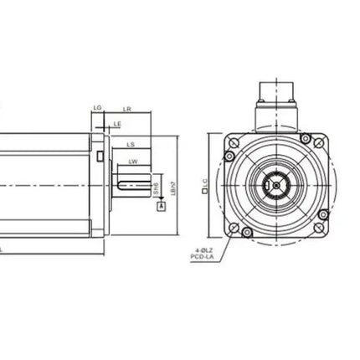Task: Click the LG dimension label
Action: click(x=97, y=108)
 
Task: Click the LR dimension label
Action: click(x=126, y=108)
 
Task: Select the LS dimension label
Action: click(x=131, y=144)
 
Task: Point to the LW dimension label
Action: click(x=133, y=161)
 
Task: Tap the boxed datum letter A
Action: click(x=160, y=203)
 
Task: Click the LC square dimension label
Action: click(x=204, y=185)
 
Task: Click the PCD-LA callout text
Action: click(x=201, y=257)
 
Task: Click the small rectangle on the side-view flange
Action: click(x=100, y=156)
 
